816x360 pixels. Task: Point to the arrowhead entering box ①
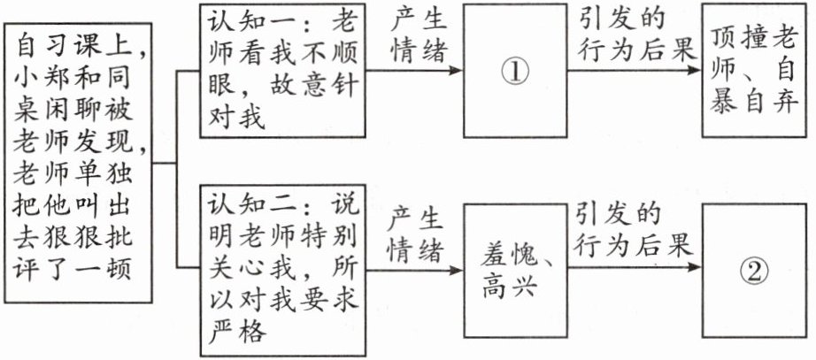pyautogui.click(x=458, y=69)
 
